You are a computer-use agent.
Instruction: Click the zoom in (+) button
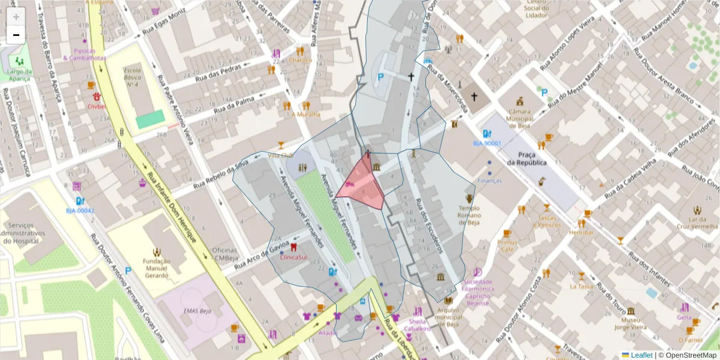click(16, 17)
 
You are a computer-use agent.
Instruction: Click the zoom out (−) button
click(16, 35)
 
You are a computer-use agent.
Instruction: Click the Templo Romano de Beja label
click(470, 215)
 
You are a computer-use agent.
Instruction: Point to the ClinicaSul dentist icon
click(293, 247)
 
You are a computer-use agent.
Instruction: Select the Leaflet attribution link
click(641, 355)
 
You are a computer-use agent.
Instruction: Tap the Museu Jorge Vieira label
click(630, 324)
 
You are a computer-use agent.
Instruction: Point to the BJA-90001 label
click(487, 143)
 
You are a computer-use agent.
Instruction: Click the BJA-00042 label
click(80, 211)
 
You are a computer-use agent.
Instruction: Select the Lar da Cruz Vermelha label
click(697, 223)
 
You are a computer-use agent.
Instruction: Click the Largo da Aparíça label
click(20, 74)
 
